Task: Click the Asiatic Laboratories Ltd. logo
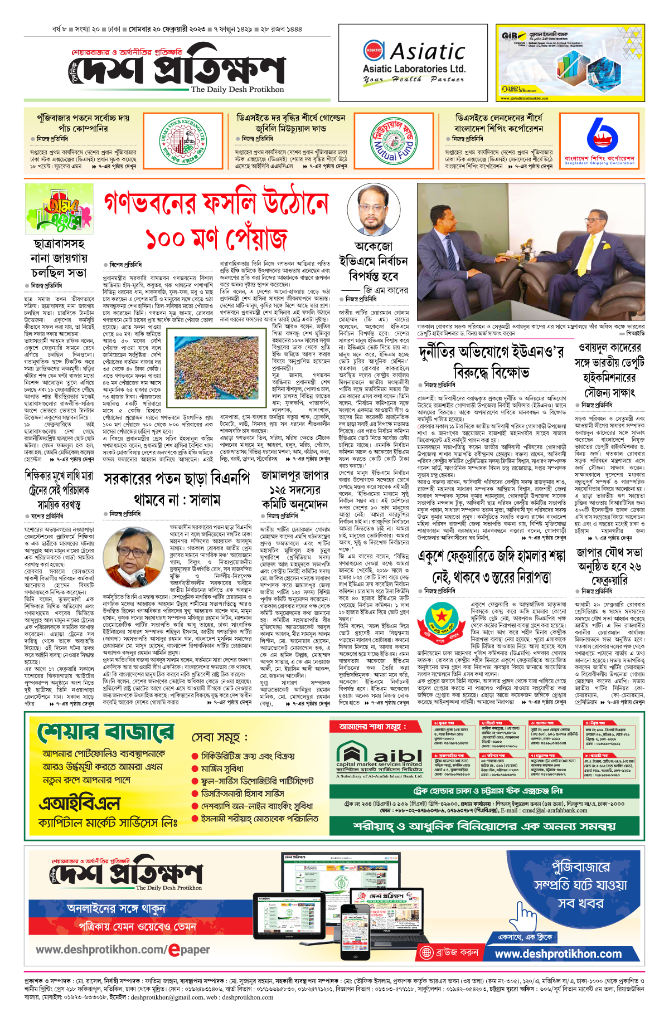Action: [413, 61]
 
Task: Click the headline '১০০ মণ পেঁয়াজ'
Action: [216, 239]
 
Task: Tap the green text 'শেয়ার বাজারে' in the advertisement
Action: [105, 733]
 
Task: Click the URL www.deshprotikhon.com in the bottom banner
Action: [558, 953]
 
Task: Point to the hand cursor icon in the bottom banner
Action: [525, 914]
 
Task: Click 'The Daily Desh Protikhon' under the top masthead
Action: [237, 89]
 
